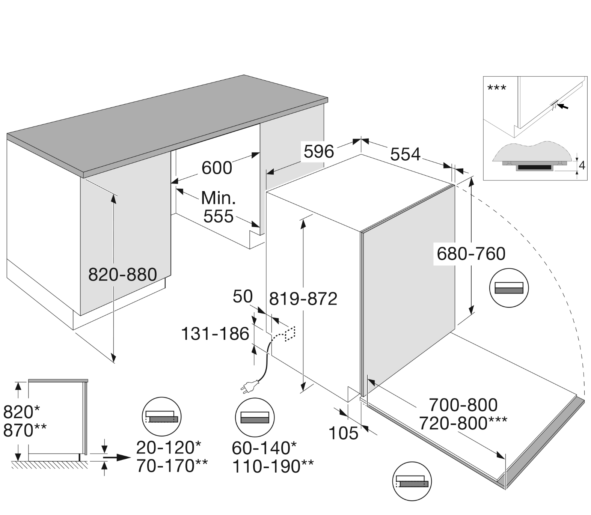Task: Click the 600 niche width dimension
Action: pos(217,167)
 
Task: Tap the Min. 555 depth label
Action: pos(218,207)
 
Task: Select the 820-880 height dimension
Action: pos(122,275)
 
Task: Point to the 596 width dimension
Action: pos(318,152)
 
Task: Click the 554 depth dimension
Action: pos(405,154)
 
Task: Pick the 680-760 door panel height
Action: pos(471,254)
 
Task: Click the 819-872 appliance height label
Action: pos(303,299)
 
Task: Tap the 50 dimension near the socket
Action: pos(243,297)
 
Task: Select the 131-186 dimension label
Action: pos(215,334)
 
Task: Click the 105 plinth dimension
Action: pos(343,434)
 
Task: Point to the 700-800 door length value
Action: pos(463,405)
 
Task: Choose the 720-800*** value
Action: pos(463,423)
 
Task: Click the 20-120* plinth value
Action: pos(169,447)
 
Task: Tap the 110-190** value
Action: pos(273,467)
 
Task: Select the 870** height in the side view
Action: pos(25,431)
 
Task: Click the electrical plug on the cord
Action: pos(249,387)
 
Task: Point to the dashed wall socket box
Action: pos(290,333)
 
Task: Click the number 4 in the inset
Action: pos(582,165)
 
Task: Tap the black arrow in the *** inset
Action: pos(563,107)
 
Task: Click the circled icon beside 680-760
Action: pos(509,288)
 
